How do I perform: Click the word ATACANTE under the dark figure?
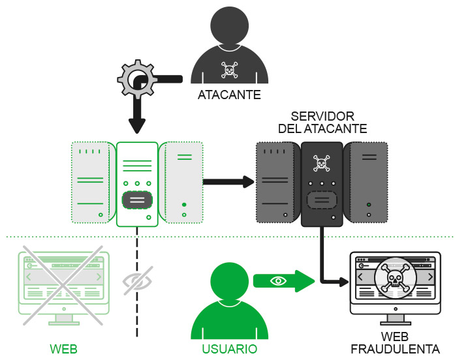[229, 95]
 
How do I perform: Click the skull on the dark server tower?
[321, 162]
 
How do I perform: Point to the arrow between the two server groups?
[228, 181]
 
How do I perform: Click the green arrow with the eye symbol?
[284, 280]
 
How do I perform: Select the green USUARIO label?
[229, 350]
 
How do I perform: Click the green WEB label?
[64, 350]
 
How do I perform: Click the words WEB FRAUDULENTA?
[395, 343]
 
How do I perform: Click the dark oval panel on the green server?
[137, 200]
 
